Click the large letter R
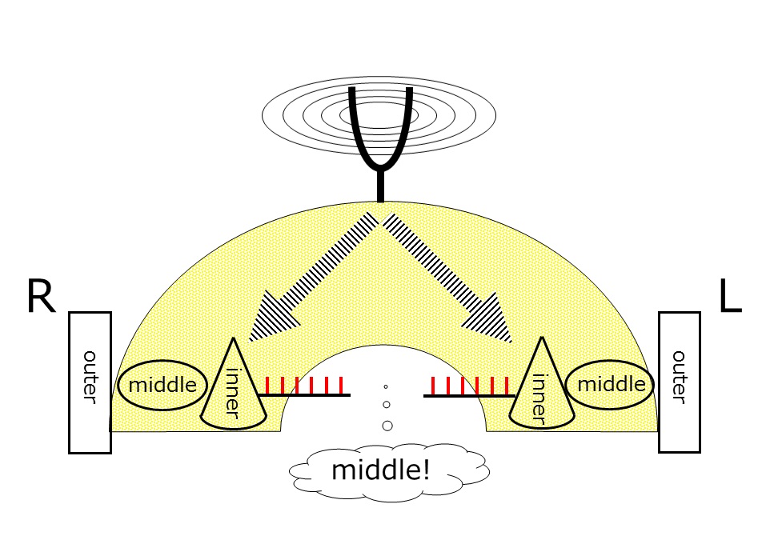tap(41, 297)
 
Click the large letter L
tap(729, 297)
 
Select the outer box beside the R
tap(90, 382)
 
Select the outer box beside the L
tap(679, 382)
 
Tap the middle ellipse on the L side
tap(610, 384)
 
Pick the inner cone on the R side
tap(233, 387)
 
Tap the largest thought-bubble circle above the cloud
tap(387, 426)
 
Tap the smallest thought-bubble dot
tap(385, 387)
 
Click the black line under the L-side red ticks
tap(468, 395)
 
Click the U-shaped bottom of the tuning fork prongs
tap(381, 160)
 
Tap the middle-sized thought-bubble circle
tap(387, 405)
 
